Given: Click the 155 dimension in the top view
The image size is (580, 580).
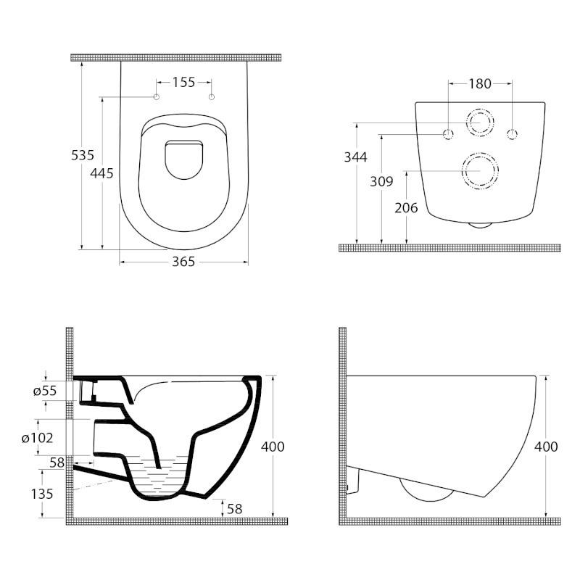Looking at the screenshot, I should tap(184, 83).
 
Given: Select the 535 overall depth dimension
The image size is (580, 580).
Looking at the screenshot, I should tap(82, 154).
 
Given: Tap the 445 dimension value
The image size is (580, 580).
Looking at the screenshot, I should tap(103, 173).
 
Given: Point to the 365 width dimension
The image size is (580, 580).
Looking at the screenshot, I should tap(183, 262).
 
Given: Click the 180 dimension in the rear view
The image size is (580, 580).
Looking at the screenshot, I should tap(480, 83).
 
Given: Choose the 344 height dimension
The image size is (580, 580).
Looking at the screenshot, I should tap(355, 157).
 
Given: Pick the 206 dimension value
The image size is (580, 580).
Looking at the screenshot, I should tap(406, 207).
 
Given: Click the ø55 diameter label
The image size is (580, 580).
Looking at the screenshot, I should tap(46, 391).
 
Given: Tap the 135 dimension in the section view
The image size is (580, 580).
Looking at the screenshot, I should tap(43, 494).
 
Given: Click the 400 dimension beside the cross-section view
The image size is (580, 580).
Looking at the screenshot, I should tap(273, 447).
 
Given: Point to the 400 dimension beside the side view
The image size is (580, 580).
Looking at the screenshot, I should tap(546, 447).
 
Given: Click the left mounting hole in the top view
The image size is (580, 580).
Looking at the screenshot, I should tap(157, 97).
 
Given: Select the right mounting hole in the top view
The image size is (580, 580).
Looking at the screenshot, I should tap(212, 97).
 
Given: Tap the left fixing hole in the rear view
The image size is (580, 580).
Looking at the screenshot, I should tap(448, 134).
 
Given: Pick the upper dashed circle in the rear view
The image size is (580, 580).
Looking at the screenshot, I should tap(479, 123).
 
